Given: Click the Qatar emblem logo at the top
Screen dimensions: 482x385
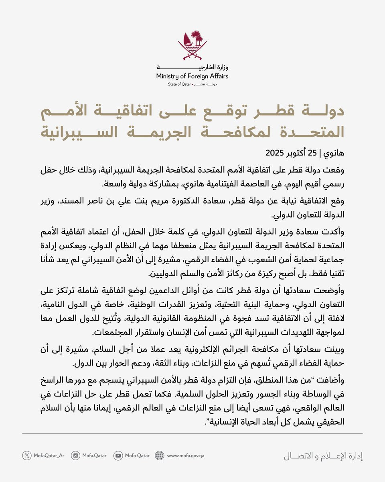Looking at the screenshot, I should click(x=192, y=44).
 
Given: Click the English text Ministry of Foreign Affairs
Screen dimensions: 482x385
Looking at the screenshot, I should click(x=192, y=76).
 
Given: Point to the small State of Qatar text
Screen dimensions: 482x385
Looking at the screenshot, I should click(x=180, y=85).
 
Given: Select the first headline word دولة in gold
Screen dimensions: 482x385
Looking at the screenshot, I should click(x=321, y=114).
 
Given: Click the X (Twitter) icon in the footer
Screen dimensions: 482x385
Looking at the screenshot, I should click(x=26, y=455).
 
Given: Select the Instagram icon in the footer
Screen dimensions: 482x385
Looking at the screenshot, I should click(x=75, y=455).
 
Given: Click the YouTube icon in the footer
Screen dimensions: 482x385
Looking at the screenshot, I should click(x=118, y=455).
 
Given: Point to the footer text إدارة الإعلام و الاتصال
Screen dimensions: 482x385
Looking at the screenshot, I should click(x=323, y=456).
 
